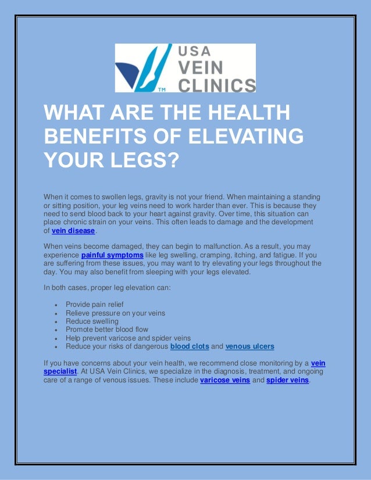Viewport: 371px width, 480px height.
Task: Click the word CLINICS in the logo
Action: click(216, 85)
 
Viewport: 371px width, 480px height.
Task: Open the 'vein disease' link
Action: click(73, 231)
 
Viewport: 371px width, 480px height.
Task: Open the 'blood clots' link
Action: click(189, 346)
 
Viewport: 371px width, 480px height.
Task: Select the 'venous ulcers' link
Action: click(249, 346)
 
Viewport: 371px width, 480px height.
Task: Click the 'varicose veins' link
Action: click(225, 381)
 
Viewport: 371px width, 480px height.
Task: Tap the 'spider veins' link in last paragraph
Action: click(288, 381)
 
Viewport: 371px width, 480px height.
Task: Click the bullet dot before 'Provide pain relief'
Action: click(55, 305)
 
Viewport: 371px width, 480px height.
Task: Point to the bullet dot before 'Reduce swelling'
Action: click(55, 321)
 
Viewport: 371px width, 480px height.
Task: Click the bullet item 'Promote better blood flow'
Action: click(107, 329)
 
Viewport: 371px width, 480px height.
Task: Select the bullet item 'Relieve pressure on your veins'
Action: click(115, 313)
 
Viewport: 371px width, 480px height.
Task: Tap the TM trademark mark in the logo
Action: click(162, 90)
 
